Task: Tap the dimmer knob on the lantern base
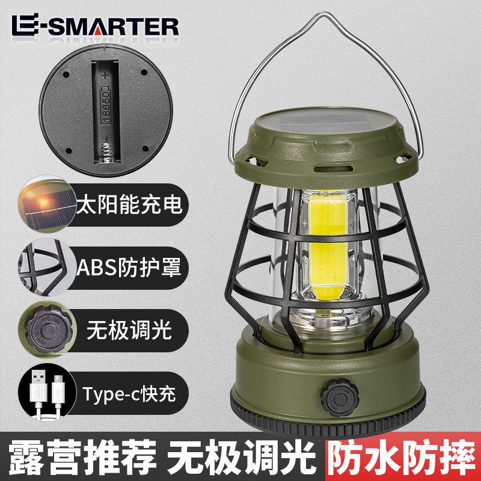pyautogui.click(x=340, y=397)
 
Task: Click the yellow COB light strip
pyautogui.click(x=328, y=242)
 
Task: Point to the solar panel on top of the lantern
pyautogui.click(x=325, y=122)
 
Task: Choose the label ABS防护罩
pyautogui.click(x=129, y=267)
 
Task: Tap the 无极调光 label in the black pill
pyautogui.click(x=129, y=330)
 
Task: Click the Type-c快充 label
pyautogui.click(x=129, y=394)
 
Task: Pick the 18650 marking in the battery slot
pyautogui.click(x=106, y=106)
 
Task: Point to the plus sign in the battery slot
pyautogui.click(x=106, y=76)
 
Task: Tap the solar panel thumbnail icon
pyautogui.click(x=47, y=204)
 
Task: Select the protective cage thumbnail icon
pyautogui.click(x=47, y=267)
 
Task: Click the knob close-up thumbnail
pyautogui.click(x=47, y=330)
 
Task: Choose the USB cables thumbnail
pyautogui.click(x=47, y=393)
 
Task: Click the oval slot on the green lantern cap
pyautogui.click(x=334, y=169)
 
